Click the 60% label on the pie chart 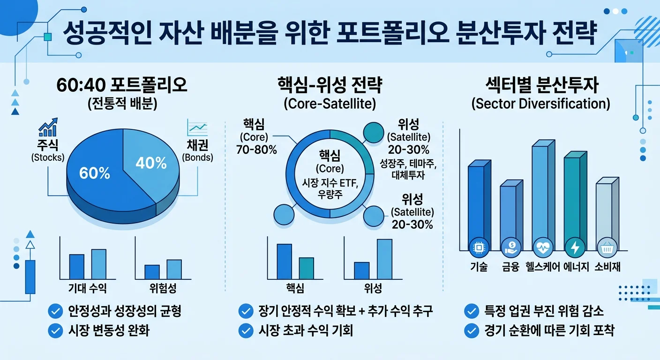pyautogui.click(x=95, y=173)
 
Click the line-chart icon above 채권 pyautogui.click(x=197, y=127)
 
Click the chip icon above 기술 pyautogui.click(x=479, y=246)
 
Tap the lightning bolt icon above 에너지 pyautogui.click(x=574, y=246)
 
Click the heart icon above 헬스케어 pyautogui.click(x=542, y=246)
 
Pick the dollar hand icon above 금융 pyautogui.click(x=510, y=246)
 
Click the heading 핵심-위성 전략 pyautogui.click(x=330, y=86)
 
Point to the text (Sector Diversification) pyautogui.click(x=540, y=104)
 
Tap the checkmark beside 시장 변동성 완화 pyautogui.click(x=55, y=331)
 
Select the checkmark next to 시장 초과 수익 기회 pyautogui.click(x=246, y=331)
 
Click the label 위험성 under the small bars pyautogui.click(x=163, y=288)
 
